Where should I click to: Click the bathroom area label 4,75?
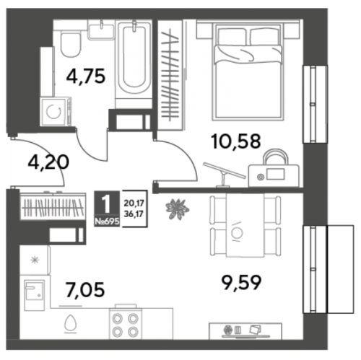coord(86,76)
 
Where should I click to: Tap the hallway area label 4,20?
coord(48,162)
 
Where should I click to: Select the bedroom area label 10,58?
coord(236,141)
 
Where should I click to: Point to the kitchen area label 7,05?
coord(85,289)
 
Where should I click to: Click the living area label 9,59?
coord(241,283)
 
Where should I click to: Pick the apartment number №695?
coord(107,221)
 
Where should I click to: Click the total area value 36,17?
coord(134,214)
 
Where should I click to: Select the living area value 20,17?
coord(134,203)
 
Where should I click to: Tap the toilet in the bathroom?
coord(70,45)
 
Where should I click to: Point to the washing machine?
coord(56,112)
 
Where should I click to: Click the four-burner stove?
coord(126,325)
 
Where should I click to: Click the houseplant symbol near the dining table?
coord(178,209)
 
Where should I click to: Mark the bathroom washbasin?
coord(101,30)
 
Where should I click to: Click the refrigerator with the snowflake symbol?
coord(35,260)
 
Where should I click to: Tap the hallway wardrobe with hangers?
coord(53,206)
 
